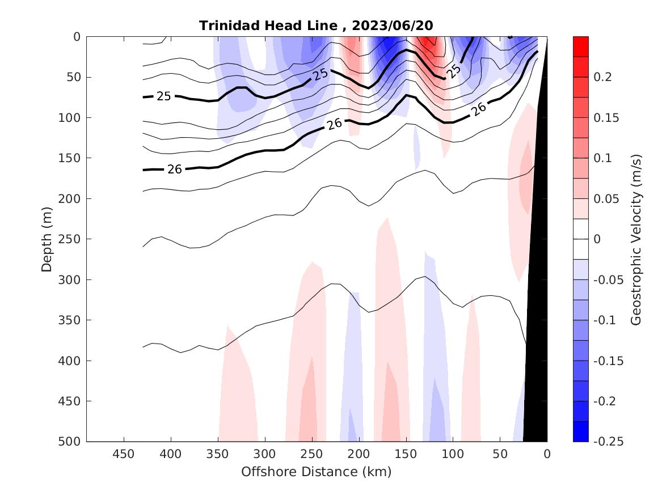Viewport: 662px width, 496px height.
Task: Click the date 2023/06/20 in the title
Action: pos(393,26)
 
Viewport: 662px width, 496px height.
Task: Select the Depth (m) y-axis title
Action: pos(47,239)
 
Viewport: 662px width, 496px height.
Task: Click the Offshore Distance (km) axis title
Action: pos(316,472)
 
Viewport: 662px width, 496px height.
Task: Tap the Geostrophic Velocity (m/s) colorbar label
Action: pos(636,239)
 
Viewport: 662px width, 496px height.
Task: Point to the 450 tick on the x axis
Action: pos(124,454)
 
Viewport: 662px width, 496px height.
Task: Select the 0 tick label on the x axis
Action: pos(547,454)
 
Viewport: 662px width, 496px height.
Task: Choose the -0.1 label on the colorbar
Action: pos(605,320)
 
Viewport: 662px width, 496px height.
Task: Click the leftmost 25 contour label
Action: pos(164,96)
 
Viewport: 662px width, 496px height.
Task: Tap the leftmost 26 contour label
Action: pos(175,168)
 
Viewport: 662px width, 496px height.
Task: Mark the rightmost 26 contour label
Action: pos(479,109)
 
